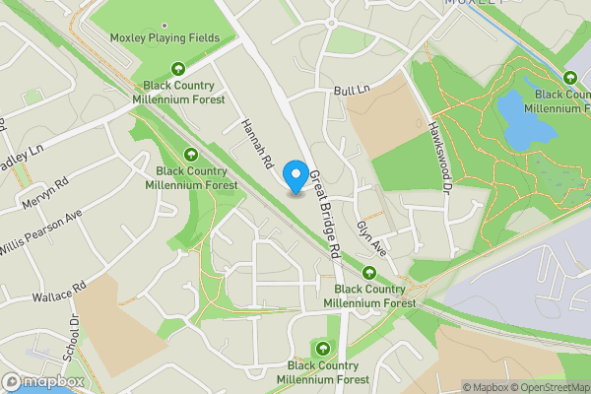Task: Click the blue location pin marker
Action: pyautogui.click(x=295, y=176)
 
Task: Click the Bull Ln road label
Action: pyautogui.click(x=350, y=90)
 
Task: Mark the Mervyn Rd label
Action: pyautogui.click(x=47, y=195)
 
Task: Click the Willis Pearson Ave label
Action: pyautogui.click(x=40, y=235)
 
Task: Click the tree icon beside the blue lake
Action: pyautogui.click(x=570, y=79)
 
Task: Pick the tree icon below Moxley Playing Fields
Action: pyautogui.click(x=178, y=69)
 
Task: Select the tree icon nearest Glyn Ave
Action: pyautogui.click(x=369, y=273)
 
